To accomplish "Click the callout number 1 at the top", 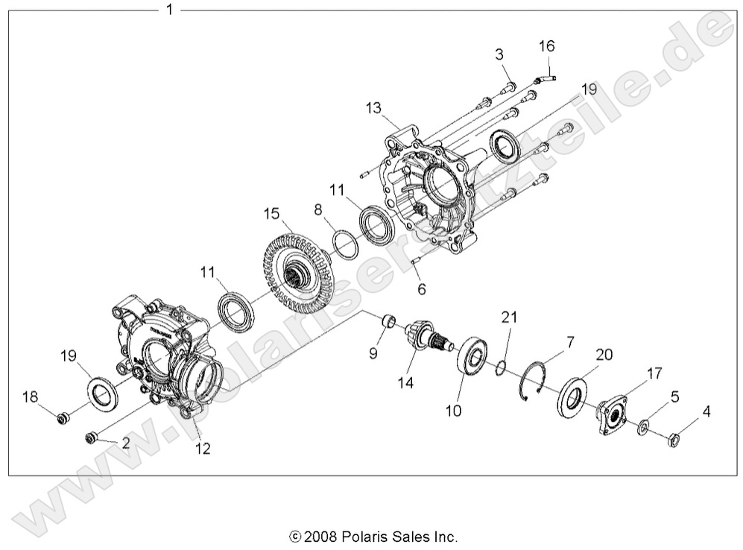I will click(169, 10).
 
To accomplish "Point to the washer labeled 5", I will click(642, 428).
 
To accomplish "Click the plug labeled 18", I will click(63, 417).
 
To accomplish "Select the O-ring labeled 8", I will click(344, 244).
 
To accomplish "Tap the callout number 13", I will click(374, 109).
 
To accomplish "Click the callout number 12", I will click(203, 449).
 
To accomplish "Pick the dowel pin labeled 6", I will click(416, 261).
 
